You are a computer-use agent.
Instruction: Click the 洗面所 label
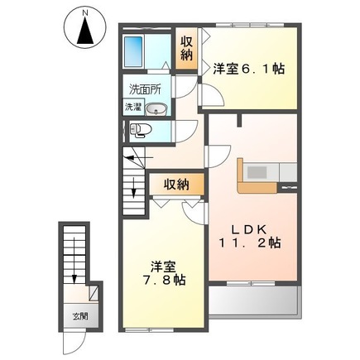point(144,89)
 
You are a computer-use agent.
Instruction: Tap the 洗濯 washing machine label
point(133,107)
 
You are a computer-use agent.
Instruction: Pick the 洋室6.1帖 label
point(248,70)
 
